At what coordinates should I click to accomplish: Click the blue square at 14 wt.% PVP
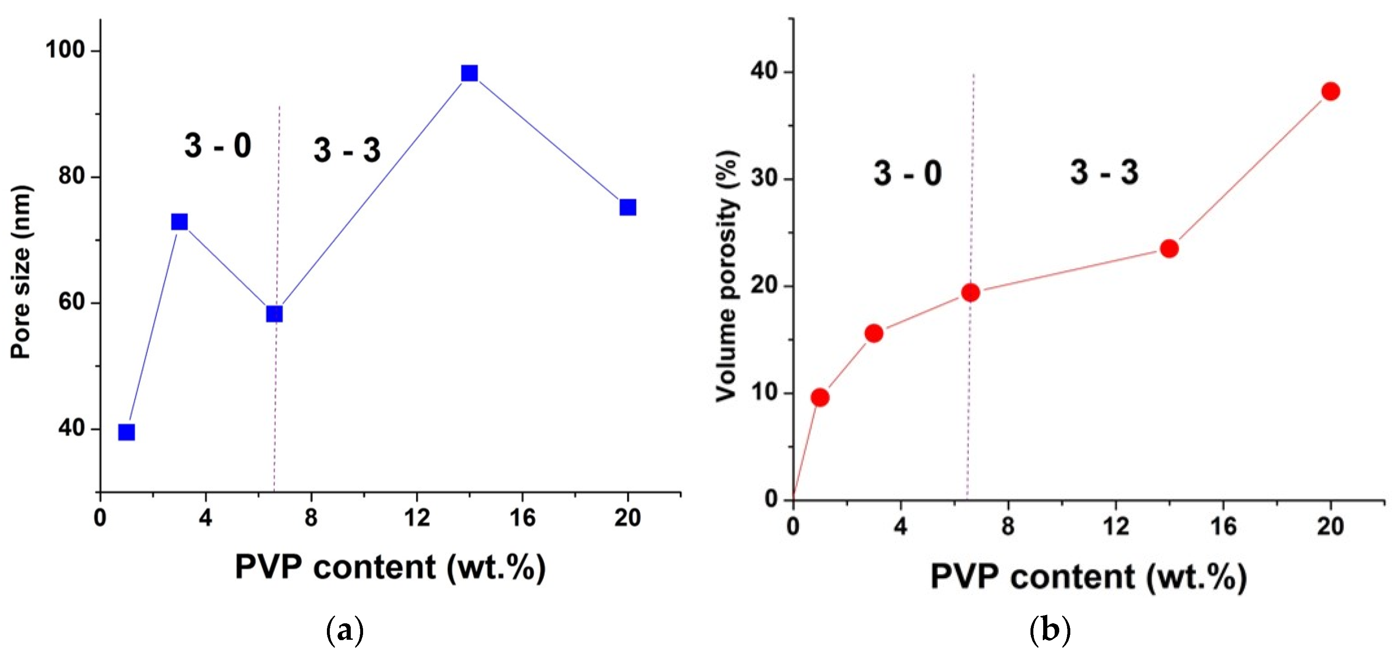[x=469, y=73]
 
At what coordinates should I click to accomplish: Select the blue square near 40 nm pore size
[x=126, y=432]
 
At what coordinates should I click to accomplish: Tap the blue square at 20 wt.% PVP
[x=628, y=207]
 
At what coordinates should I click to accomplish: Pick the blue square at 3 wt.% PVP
[x=179, y=222]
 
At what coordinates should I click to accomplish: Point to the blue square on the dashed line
[x=275, y=314]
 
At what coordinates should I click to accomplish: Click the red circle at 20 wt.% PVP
[x=1330, y=91]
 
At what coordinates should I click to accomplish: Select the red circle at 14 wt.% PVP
[x=1169, y=249]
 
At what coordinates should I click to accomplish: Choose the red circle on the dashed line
[x=971, y=293]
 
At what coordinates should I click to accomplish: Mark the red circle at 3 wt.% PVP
[x=874, y=333]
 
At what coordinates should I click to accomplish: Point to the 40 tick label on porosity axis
[x=764, y=71]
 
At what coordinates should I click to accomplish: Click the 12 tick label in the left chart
[x=417, y=518]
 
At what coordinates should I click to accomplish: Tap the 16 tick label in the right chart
[x=1223, y=526]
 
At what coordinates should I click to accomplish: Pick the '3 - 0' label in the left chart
[x=218, y=146]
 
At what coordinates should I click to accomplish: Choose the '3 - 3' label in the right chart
[x=1104, y=173]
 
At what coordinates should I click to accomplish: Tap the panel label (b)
[x=1050, y=630]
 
